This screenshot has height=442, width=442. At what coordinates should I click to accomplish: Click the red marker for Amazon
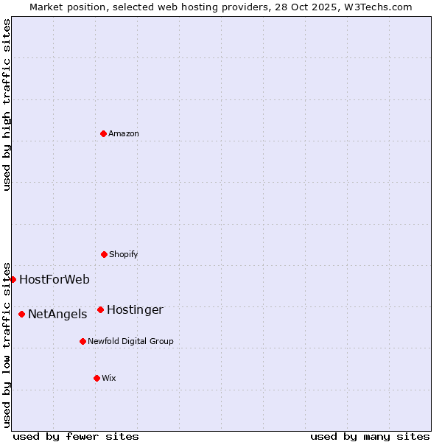(103, 133)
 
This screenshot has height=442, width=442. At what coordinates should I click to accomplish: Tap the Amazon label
(124, 133)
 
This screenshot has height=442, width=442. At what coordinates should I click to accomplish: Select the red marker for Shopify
(104, 254)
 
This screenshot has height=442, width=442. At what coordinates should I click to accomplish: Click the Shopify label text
(124, 254)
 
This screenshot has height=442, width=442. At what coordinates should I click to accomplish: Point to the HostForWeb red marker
(13, 279)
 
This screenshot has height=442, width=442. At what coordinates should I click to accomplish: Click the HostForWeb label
(55, 279)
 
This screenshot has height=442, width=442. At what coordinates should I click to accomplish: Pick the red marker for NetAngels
(21, 314)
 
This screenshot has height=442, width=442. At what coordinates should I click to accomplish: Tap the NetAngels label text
(57, 314)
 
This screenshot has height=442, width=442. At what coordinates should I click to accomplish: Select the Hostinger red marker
(100, 309)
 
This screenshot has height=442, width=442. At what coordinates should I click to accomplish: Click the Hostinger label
(135, 309)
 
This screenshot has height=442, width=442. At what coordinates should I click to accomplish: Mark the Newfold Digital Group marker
(83, 341)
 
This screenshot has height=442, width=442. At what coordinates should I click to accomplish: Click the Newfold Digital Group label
(130, 341)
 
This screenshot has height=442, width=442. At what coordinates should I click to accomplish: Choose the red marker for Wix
(97, 378)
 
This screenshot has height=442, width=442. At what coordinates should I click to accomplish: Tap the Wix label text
(109, 378)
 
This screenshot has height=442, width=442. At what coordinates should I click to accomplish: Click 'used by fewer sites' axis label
(76, 436)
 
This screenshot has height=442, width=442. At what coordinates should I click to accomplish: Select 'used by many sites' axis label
(370, 436)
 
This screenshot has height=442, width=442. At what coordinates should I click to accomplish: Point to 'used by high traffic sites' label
(7, 105)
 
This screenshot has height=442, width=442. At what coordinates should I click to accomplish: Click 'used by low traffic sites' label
(7, 344)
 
